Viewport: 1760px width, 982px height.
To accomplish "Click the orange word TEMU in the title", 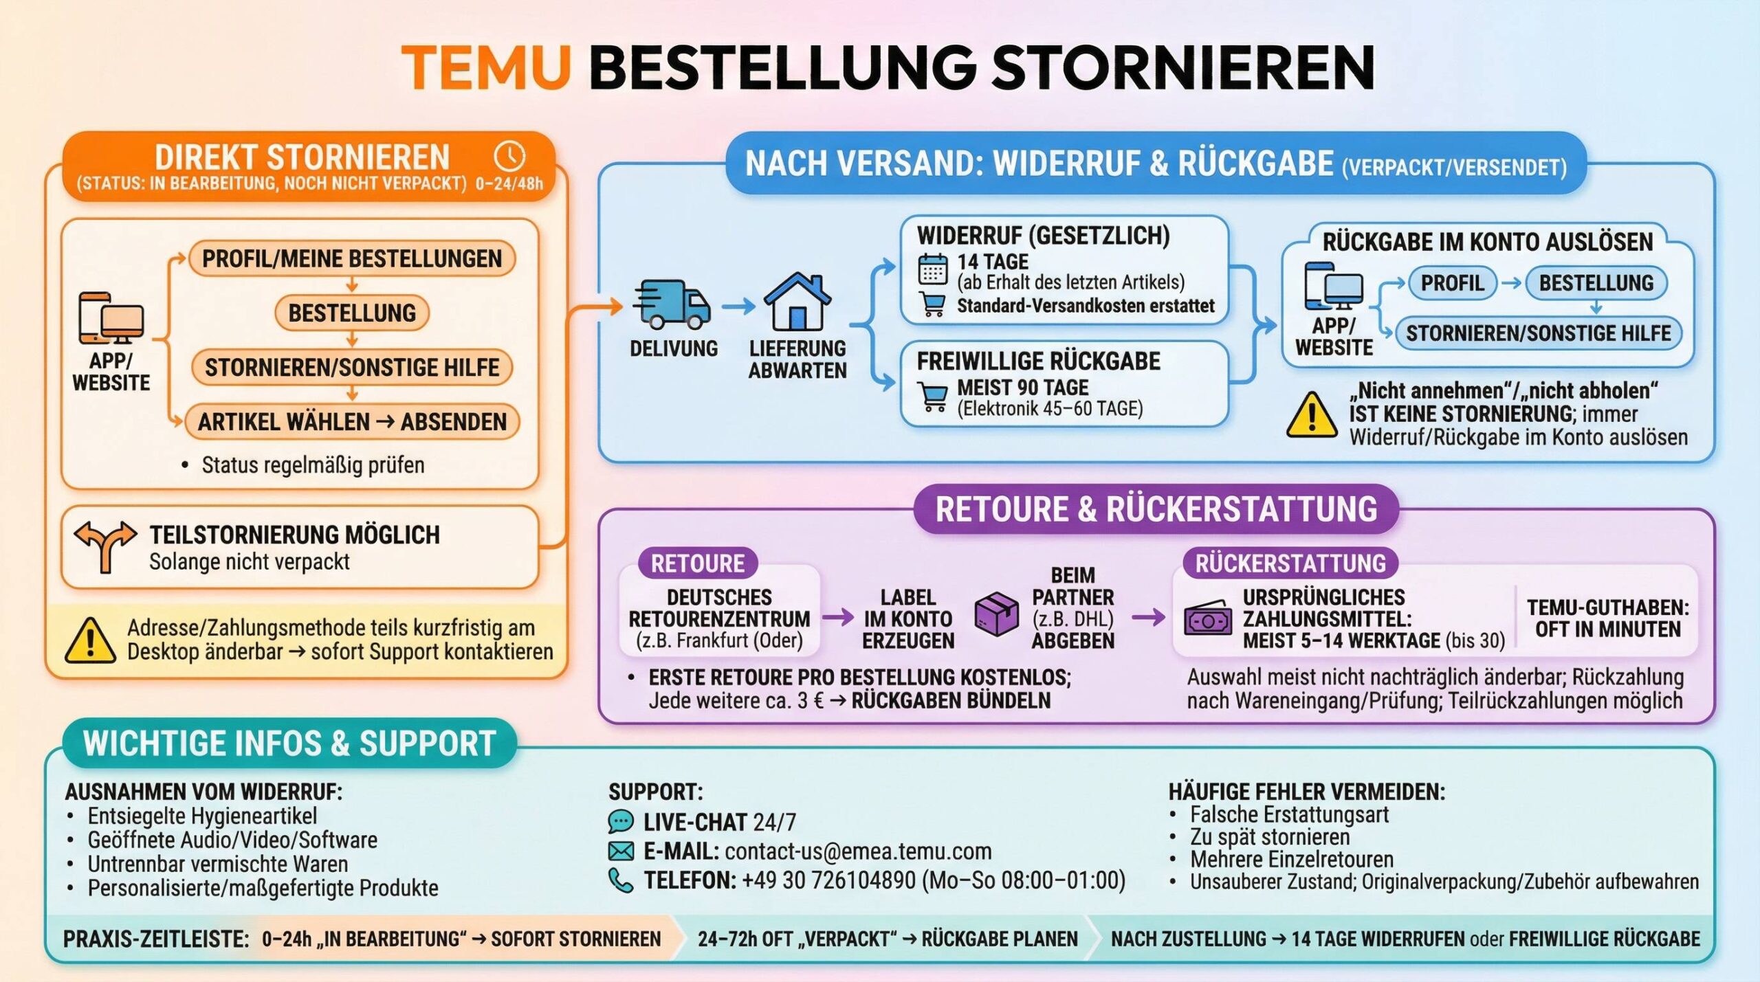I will [x=486, y=67].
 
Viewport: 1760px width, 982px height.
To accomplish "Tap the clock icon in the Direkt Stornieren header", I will [x=509, y=156].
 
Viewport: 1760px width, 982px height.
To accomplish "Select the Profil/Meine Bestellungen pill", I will [x=351, y=258].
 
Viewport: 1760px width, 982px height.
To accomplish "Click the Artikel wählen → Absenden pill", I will [x=352, y=421].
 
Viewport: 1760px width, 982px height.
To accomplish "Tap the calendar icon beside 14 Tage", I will [x=932, y=269].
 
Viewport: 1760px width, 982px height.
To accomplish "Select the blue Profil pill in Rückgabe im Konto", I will [x=1452, y=283].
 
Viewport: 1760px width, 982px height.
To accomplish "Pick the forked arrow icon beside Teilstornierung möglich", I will [x=105, y=546].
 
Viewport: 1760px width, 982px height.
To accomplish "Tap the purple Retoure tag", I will [x=697, y=563].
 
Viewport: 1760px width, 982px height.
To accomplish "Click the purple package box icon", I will [x=996, y=614].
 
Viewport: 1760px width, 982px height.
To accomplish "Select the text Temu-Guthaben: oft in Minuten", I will [x=1607, y=618].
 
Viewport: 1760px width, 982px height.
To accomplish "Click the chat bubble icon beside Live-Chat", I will [x=621, y=821].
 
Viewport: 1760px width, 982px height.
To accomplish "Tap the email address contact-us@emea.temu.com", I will [x=858, y=851].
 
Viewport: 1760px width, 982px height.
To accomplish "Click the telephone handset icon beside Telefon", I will [x=621, y=880].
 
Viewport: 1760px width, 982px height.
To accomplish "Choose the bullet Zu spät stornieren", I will [x=1270, y=837].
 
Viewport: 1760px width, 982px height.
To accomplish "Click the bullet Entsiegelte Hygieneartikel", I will [x=202, y=816].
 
